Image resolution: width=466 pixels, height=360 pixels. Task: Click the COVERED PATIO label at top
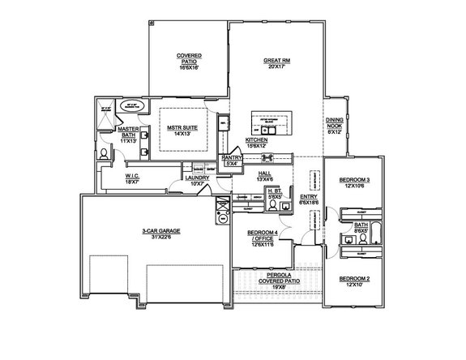pyautogui.click(x=189, y=57)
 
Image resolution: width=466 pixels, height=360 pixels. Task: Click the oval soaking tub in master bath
pyautogui.click(x=130, y=105)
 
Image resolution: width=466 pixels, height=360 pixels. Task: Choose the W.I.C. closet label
pyautogui.click(x=134, y=176)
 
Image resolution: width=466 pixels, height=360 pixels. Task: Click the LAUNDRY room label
pyautogui.click(x=198, y=178)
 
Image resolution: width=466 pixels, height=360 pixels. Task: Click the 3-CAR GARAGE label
pyautogui.click(x=159, y=231)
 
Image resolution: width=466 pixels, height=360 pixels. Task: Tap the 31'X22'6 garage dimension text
pyautogui.click(x=159, y=238)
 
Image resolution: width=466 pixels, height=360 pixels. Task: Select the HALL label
pyautogui.click(x=264, y=173)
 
